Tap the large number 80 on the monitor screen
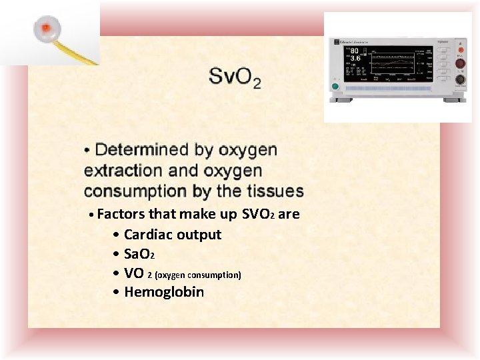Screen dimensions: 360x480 pos(355,50)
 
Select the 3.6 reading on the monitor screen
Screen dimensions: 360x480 pos(355,59)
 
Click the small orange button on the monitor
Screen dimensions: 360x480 pos(460,49)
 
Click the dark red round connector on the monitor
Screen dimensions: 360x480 pos(460,64)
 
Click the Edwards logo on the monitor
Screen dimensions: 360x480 pos(354,41)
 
